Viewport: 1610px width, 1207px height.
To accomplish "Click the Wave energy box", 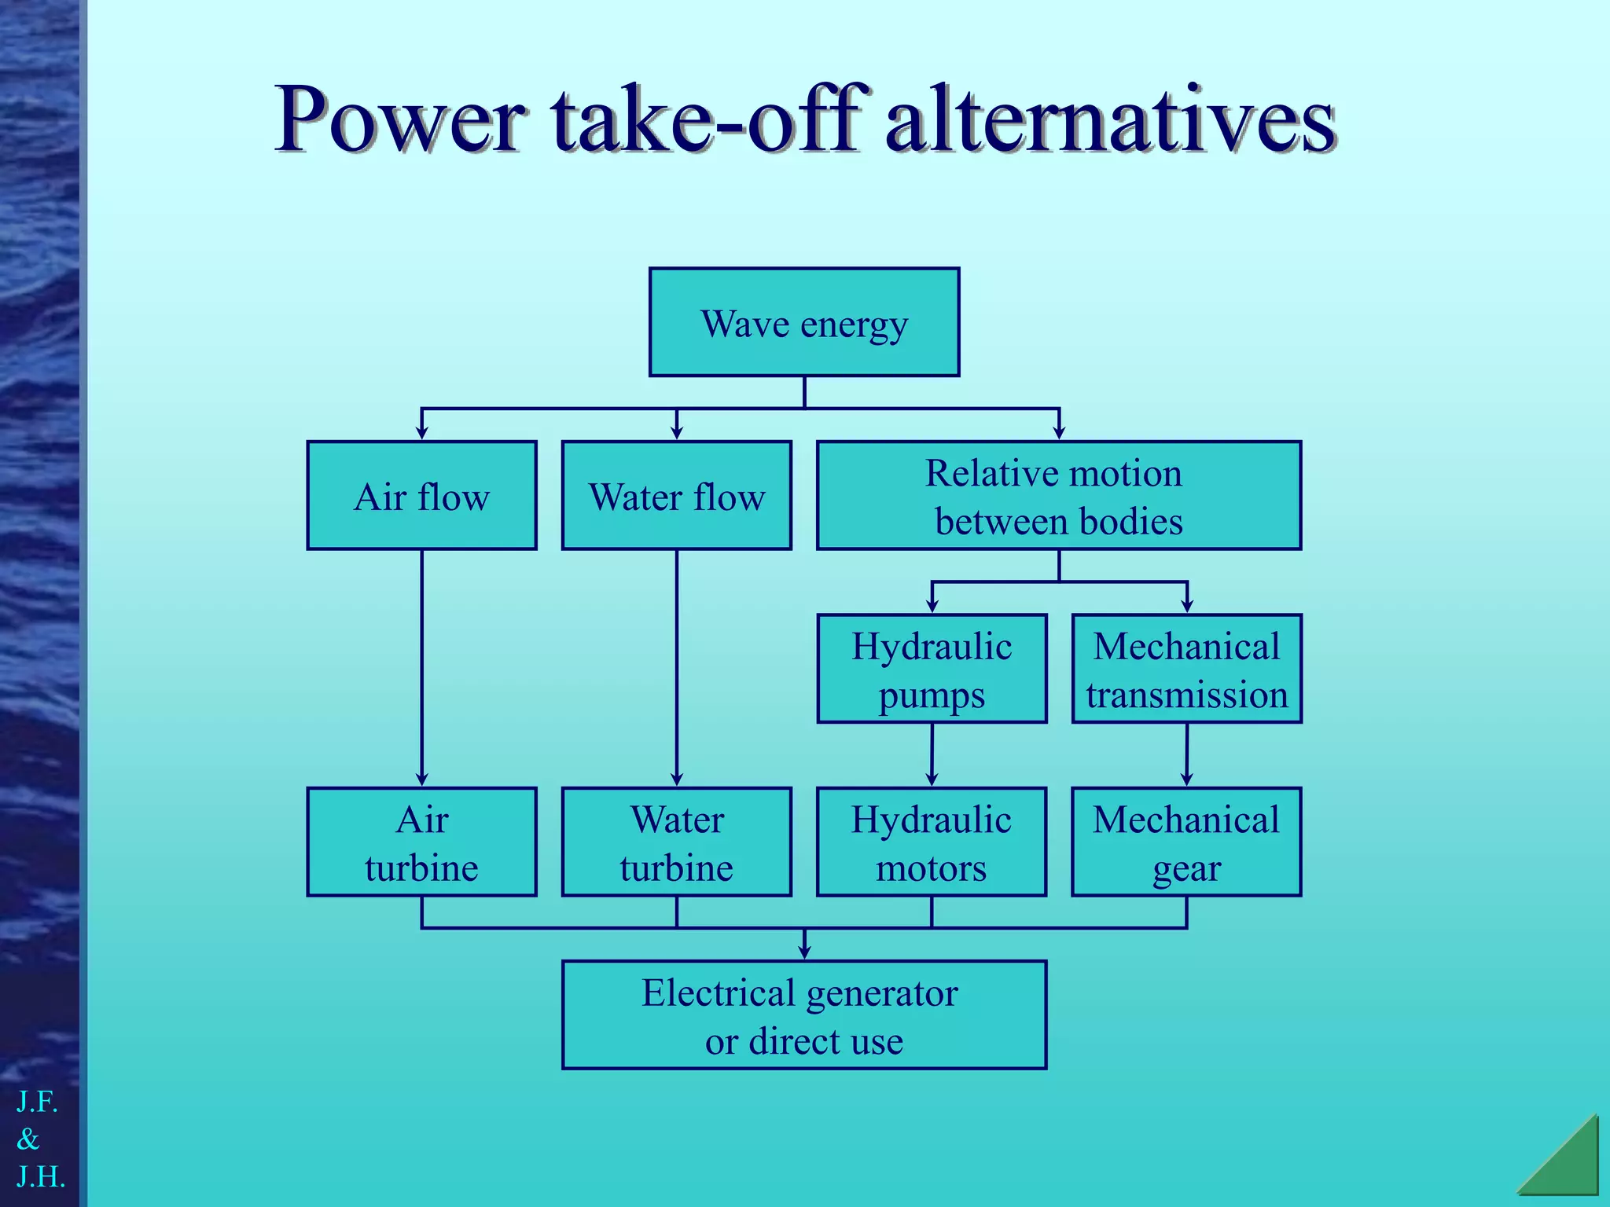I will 804,322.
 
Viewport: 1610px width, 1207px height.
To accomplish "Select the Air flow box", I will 421,495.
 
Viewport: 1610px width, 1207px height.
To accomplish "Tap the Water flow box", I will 676,495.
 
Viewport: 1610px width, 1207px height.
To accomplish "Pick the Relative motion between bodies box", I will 1059,495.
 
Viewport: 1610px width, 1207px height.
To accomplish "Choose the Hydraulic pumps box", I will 932,669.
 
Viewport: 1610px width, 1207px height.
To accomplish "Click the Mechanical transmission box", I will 1186,669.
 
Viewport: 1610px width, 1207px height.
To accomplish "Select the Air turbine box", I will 421,842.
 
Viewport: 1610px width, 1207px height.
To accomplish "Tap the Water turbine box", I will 676,842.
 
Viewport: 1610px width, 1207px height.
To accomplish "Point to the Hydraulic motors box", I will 932,842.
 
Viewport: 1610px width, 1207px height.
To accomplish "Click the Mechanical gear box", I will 1186,842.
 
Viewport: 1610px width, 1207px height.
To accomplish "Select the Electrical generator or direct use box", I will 804,1014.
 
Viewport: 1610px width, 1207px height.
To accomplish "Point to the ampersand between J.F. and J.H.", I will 28,1139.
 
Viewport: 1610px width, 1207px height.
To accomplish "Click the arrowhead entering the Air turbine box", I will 421,779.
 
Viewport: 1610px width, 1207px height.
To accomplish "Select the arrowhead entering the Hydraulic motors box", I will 932,779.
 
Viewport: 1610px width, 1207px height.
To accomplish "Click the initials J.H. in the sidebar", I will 41,1176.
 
